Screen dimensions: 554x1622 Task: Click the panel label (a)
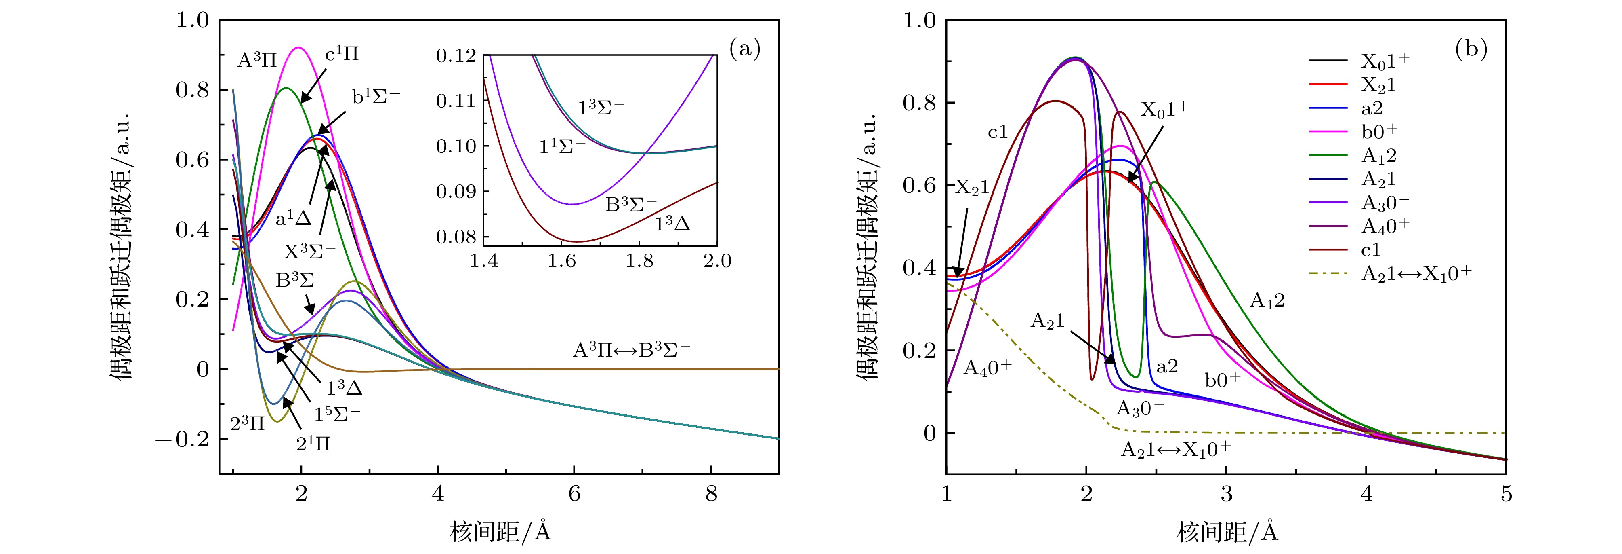click(745, 49)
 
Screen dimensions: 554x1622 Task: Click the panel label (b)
click(1471, 49)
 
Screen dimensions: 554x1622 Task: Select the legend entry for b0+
click(1379, 132)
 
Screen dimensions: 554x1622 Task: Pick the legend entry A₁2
click(1379, 156)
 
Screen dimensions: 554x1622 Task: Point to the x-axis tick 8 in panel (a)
click(711, 493)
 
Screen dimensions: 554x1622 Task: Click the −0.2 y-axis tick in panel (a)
click(183, 439)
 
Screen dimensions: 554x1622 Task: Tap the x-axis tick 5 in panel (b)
click(1506, 493)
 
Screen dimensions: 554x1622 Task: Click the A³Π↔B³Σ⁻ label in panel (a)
click(631, 350)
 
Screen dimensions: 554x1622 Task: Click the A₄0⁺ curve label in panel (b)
click(987, 368)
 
